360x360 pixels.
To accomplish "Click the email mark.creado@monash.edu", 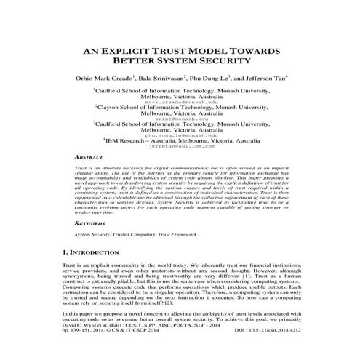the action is (180, 103).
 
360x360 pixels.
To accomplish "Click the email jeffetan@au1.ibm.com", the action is (180, 148).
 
